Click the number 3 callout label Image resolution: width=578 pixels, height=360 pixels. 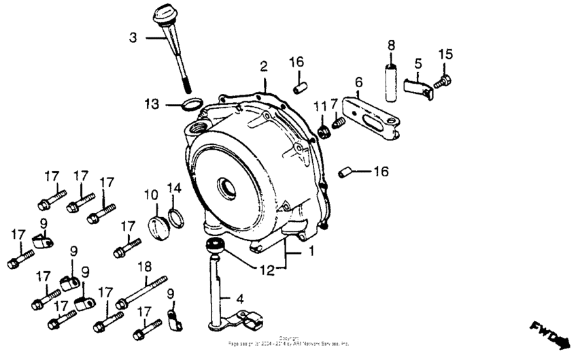[x=133, y=37]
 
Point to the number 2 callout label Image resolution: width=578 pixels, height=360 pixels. [x=263, y=66]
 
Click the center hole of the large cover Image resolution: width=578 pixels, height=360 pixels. [x=226, y=185]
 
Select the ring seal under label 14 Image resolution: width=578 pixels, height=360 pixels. [x=175, y=218]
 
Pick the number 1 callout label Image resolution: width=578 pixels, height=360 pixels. [x=311, y=251]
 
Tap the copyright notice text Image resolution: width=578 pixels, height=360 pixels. [x=288, y=342]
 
